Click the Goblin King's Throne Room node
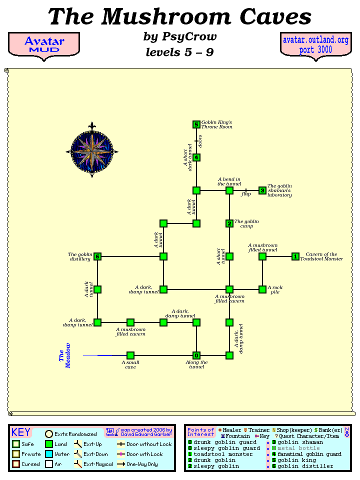click(x=196, y=124)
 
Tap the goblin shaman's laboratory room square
click(x=262, y=190)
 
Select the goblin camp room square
click(x=229, y=223)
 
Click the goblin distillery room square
click(x=97, y=256)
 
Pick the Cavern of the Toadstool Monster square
click(x=295, y=256)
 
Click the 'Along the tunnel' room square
click(x=196, y=355)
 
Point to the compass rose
click(x=92, y=151)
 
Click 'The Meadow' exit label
click(x=65, y=355)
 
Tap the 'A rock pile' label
click(x=275, y=289)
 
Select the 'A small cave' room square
click(x=130, y=355)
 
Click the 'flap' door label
click(x=245, y=194)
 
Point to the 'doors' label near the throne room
click(x=200, y=141)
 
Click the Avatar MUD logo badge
click(x=44, y=45)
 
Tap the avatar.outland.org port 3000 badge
click(x=315, y=45)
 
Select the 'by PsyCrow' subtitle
click(x=180, y=37)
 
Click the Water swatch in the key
click(x=49, y=454)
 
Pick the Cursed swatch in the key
click(x=16, y=464)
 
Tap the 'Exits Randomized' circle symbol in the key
click(x=49, y=434)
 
